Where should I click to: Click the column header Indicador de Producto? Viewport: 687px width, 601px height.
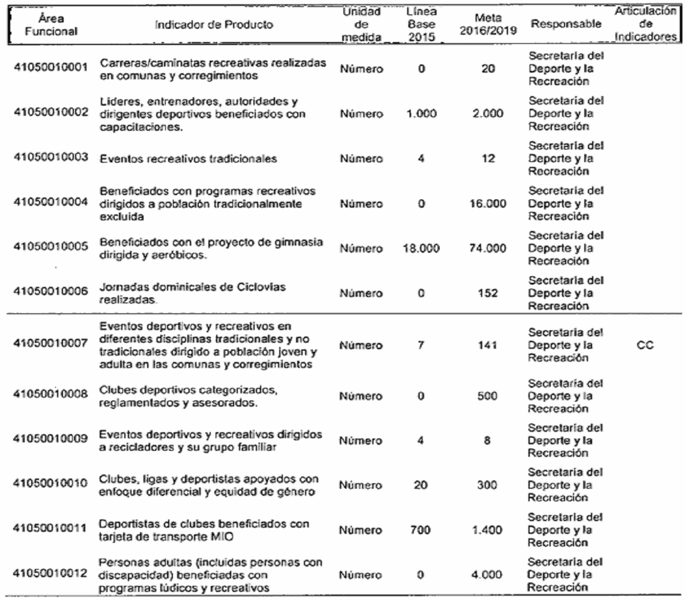pyautogui.click(x=214, y=25)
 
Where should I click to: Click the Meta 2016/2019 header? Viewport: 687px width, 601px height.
pyautogui.click(x=488, y=25)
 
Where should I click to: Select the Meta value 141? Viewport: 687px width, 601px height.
pyautogui.click(x=488, y=345)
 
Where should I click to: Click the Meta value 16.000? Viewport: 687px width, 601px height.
pyautogui.click(x=488, y=204)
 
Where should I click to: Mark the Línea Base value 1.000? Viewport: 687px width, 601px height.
pyautogui.click(x=421, y=114)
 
